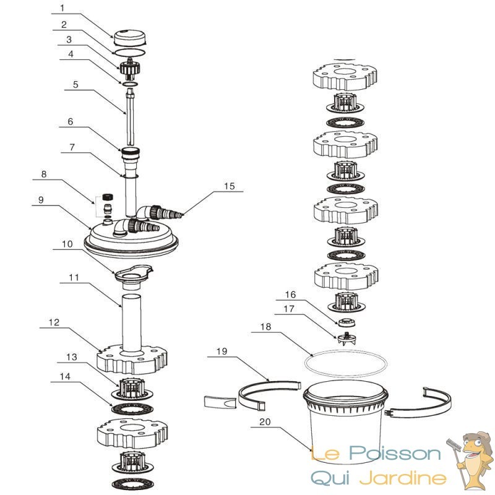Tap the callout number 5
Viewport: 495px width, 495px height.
(x=75, y=85)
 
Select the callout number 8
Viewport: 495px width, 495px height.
(x=43, y=175)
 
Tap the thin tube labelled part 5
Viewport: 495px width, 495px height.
(x=131, y=118)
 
